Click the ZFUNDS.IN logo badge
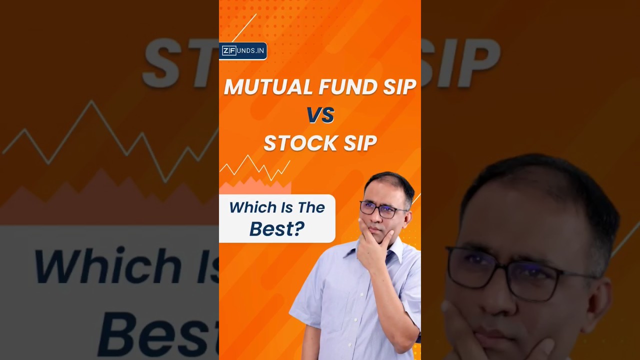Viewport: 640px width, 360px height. click(243, 51)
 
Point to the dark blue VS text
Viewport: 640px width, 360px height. click(320, 115)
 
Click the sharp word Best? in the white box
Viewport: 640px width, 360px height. click(276, 228)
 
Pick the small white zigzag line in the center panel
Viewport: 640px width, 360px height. click(255, 168)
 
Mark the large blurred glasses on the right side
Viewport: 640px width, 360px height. click(520, 272)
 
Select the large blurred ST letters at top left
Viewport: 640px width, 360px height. click(180, 62)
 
